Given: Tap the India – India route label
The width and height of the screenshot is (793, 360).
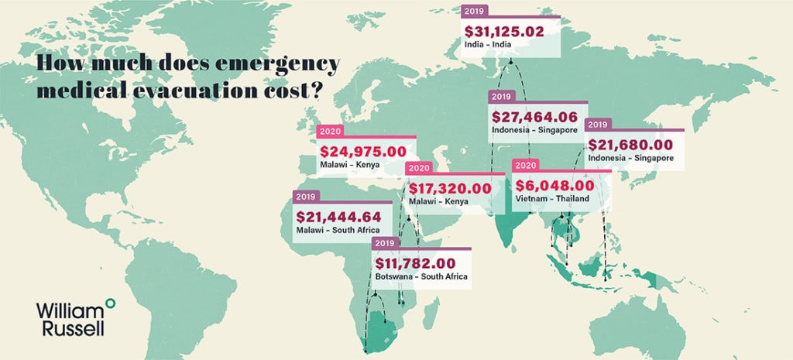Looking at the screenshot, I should click(489, 48).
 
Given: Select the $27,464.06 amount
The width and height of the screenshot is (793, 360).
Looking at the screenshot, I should click(535, 117).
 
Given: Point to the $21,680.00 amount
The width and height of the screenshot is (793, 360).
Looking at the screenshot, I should click(630, 145).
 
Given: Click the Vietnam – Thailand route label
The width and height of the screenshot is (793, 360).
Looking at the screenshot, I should click(551, 199).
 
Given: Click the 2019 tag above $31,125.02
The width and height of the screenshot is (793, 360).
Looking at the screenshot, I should click(473, 12).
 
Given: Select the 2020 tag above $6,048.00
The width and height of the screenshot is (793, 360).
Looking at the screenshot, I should click(526, 166).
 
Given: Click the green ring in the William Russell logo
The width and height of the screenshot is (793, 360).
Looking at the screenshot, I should click(110, 301).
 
